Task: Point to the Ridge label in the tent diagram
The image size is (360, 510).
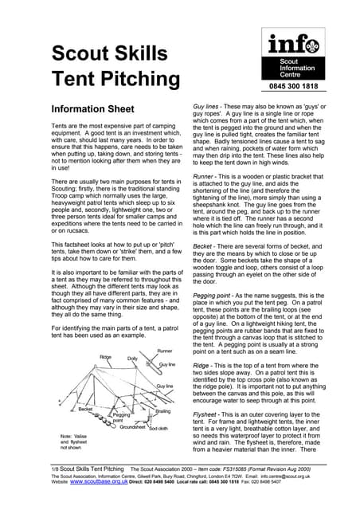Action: pos(105,357)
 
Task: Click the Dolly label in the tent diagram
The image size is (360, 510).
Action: pos(132,359)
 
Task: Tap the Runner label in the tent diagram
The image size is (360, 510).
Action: pos(164,351)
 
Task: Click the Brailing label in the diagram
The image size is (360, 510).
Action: pos(162,411)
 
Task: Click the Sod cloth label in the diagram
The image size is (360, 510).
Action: pos(159,428)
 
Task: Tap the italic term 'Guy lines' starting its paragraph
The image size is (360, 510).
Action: pos(209,106)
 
